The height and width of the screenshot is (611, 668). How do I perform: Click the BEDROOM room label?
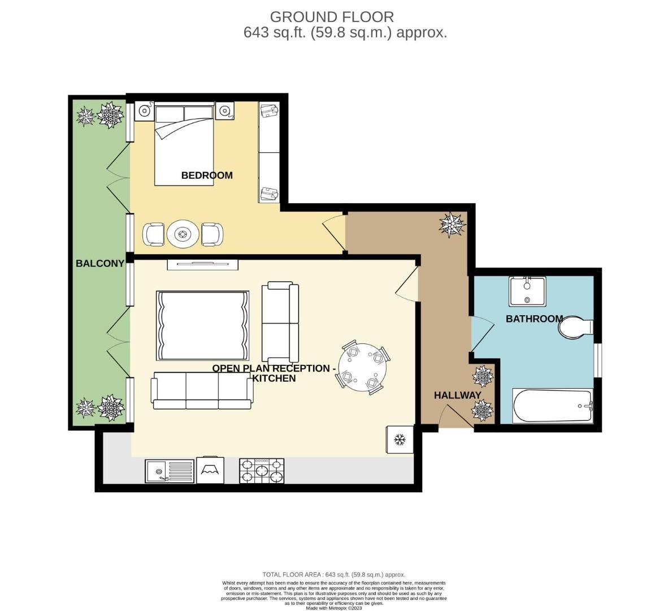click(206, 175)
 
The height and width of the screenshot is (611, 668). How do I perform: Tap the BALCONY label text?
click(100, 263)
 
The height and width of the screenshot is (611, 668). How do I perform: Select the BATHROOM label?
click(533, 319)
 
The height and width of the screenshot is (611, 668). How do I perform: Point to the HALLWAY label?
click(457, 395)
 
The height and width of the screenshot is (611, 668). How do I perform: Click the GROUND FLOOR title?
click(332, 16)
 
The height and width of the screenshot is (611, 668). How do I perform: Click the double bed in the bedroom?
click(184, 144)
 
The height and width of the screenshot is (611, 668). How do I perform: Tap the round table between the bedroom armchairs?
click(183, 233)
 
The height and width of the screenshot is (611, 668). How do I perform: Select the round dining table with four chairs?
click(362, 368)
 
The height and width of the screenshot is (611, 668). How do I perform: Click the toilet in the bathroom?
click(574, 327)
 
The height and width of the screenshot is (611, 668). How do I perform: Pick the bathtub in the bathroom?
click(552, 405)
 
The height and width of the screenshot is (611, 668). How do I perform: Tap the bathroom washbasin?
click(527, 290)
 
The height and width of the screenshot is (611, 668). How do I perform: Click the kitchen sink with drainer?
click(169, 470)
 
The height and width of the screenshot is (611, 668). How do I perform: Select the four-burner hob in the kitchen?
click(262, 470)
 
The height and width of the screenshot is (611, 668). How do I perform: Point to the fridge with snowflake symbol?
click(400, 439)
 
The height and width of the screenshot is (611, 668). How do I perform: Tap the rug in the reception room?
click(202, 325)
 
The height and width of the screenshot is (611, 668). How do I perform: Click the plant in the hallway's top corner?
click(453, 225)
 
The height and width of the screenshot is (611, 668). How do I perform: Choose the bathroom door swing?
click(479, 334)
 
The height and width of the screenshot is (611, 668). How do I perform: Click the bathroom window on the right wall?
click(597, 360)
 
